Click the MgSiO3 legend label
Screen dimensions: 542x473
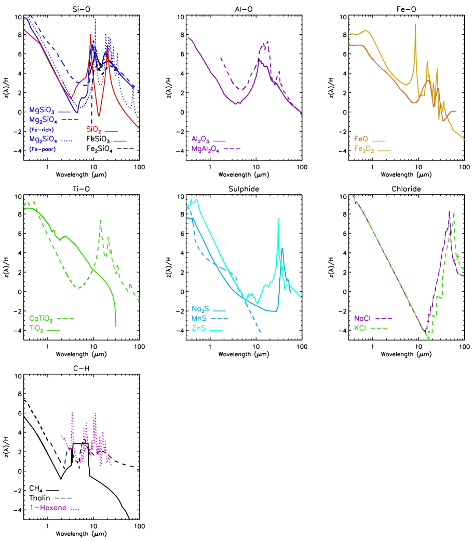43,110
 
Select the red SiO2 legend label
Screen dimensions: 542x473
94,130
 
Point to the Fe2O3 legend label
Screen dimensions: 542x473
364,149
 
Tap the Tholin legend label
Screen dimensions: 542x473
40,498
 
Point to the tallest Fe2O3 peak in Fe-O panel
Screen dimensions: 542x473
415,24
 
